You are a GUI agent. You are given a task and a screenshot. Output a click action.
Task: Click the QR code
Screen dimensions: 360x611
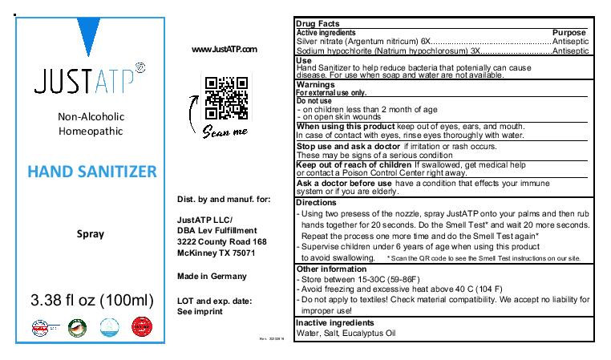(x=226, y=93)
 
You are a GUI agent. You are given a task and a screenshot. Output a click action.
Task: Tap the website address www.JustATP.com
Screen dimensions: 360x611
(x=225, y=50)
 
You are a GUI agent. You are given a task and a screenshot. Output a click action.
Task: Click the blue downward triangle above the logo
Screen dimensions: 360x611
(x=85, y=36)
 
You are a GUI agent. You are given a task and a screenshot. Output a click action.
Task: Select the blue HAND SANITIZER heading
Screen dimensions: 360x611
(x=92, y=171)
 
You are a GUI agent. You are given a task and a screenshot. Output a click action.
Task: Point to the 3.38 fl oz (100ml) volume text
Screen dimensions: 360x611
(x=91, y=301)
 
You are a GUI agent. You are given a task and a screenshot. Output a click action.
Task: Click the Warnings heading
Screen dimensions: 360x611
(x=315, y=84)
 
